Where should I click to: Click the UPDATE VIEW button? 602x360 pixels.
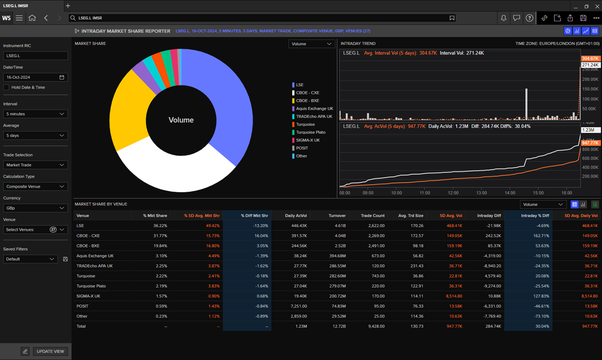50,351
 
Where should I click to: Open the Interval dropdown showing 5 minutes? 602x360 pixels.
35,114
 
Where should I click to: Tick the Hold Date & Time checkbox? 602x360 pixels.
6,87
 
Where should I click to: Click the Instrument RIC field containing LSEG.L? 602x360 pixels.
35,56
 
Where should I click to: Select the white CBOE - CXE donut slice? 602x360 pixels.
178,171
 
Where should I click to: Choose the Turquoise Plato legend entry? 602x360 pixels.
310,132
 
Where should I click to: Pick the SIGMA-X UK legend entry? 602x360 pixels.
308,140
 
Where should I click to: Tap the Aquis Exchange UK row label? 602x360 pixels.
95,256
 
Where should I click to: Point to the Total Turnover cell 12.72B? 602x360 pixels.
339,326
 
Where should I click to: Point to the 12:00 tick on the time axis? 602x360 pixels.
453,193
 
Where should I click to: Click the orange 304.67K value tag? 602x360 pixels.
590,58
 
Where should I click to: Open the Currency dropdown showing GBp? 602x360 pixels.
35,208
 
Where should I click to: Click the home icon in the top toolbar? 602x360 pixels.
32,18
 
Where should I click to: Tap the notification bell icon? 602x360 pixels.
503,18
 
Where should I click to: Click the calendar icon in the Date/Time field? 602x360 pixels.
62,77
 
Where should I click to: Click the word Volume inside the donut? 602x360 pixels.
181,120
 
